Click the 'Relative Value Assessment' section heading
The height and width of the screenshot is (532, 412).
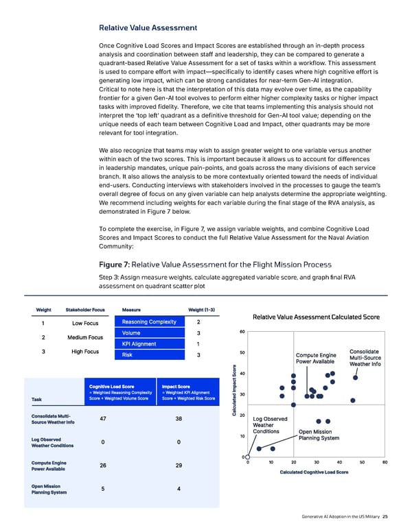148,28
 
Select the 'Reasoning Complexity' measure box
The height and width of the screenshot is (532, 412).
149,322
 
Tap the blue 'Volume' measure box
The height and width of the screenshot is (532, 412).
149,333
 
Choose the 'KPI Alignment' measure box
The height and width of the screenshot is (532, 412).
149,344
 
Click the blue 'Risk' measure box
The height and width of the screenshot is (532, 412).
149,355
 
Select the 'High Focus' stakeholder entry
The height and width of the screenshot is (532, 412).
85,352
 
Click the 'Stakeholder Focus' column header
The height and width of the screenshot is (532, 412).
85,309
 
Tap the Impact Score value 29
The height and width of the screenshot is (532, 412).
179,465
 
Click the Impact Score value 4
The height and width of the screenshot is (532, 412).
179,488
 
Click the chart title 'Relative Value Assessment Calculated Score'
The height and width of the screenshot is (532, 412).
317,317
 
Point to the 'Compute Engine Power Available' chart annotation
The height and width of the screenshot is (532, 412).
315,358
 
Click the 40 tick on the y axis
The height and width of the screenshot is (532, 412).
242,374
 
